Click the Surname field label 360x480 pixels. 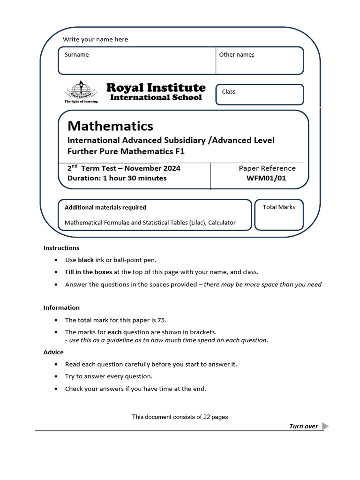tap(76, 55)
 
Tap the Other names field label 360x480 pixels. tap(237, 55)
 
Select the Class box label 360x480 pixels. tap(229, 92)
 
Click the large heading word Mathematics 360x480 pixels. tap(110, 126)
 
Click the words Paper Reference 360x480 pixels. tap(267, 168)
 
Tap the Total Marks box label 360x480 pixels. tap(279, 207)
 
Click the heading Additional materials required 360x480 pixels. tap(105, 208)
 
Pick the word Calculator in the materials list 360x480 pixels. tap(219, 223)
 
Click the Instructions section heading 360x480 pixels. tap(61, 248)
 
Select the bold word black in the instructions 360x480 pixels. tap(86, 260)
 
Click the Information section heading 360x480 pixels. tap(61, 308)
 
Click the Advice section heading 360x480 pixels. tap(53, 352)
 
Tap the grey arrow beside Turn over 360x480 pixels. tap(326, 426)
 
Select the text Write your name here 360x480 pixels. tap(95, 39)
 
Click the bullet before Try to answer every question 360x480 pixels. tap(56, 376)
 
